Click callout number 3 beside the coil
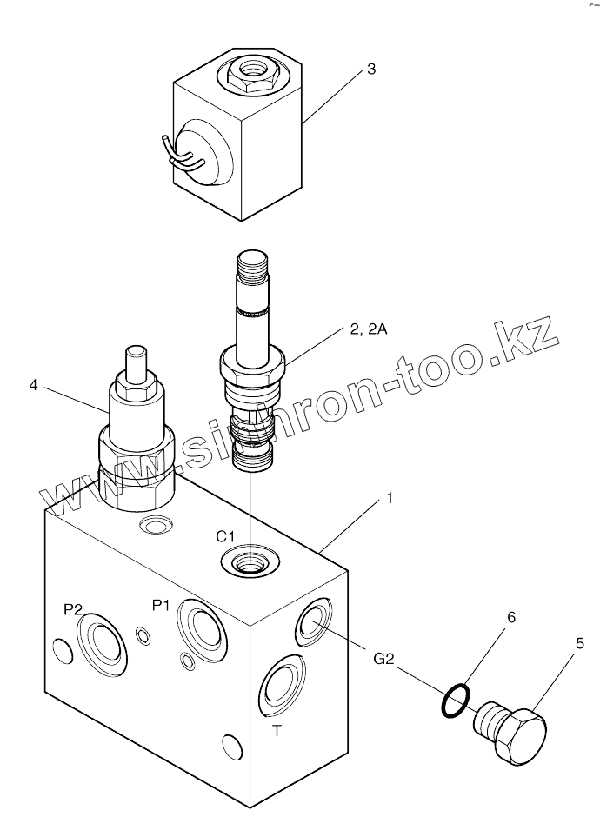(x=371, y=70)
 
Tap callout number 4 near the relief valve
(x=33, y=384)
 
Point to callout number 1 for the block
(x=390, y=499)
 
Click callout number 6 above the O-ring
(x=511, y=617)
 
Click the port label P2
(x=73, y=610)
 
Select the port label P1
(x=161, y=605)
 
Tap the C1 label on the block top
(x=227, y=535)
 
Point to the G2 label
(x=384, y=659)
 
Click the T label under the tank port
(x=277, y=731)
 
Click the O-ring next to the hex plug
(x=456, y=700)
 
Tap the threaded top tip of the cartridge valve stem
(x=253, y=264)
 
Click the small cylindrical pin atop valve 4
(x=135, y=363)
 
